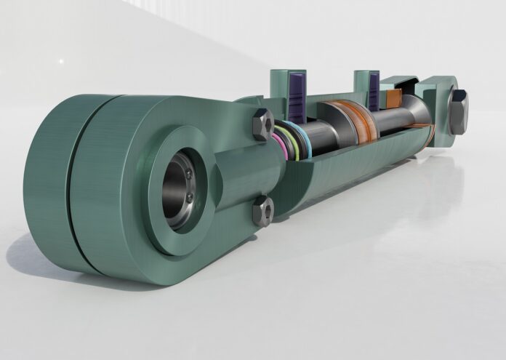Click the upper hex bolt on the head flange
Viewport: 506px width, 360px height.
[x=262, y=124]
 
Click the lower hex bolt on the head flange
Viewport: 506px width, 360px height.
[x=262, y=212]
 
